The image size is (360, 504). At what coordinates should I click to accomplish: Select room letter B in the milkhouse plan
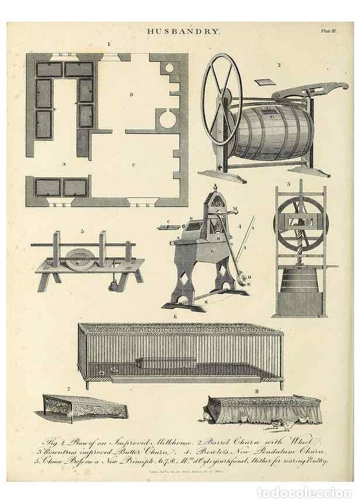point(132,94)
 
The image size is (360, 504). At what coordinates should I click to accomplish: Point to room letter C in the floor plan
point(134,165)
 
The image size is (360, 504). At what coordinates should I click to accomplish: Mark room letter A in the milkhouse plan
point(64,165)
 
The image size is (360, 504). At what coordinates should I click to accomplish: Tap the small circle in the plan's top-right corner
point(169,68)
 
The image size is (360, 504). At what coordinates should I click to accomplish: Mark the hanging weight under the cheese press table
point(112,285)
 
